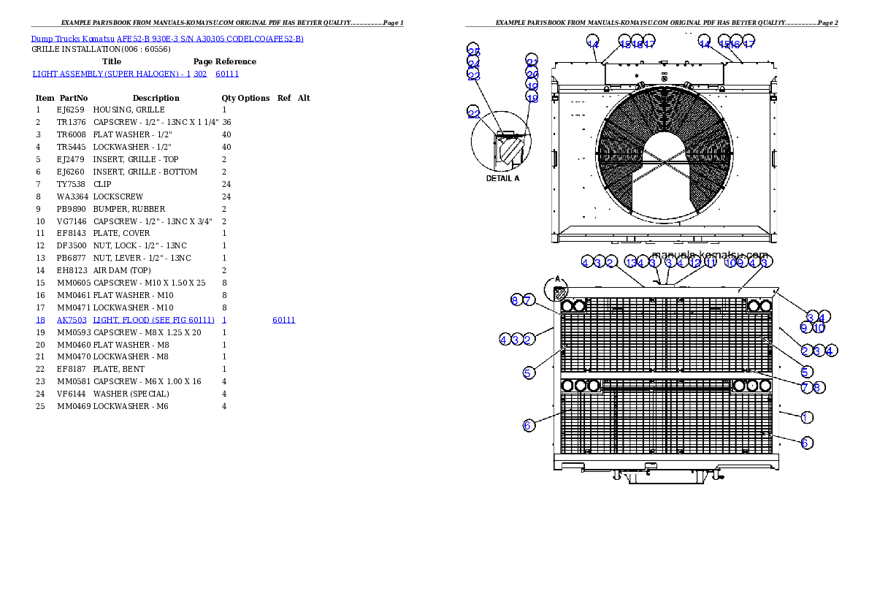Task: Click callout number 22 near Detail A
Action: (x=474, y=112)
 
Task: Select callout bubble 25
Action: (x=474, y=51)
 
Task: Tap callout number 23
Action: (x=474, y=75)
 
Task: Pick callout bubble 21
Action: (x=532, y=62)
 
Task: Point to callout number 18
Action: (x=532, y=98)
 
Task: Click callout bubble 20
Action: (x=532, y=75)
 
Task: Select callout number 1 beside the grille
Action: (x=806, y=417)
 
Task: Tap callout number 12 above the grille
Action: (x=695, y=261)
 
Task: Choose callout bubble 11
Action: (x=711, y=261)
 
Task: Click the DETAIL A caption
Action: (x=502, y=177)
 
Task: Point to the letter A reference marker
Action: (x=557, y=278)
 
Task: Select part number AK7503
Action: (x=72, y=320)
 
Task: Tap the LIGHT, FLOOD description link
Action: (x=153, y=320)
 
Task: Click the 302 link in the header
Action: (x=199, y=74)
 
